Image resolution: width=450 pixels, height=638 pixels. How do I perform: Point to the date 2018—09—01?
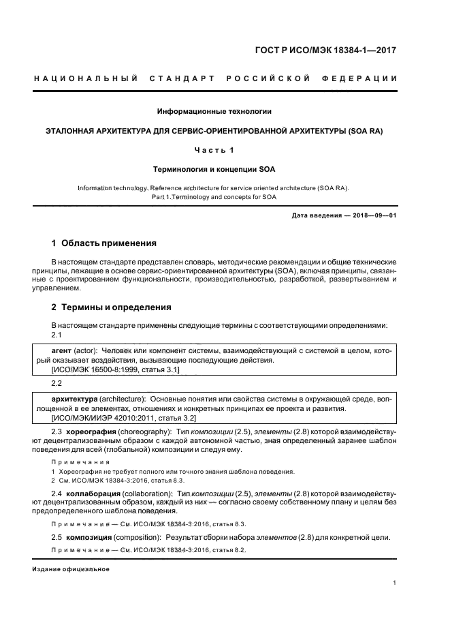(x=372, y=216)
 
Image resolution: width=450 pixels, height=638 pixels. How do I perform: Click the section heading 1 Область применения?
(x=104, y=243)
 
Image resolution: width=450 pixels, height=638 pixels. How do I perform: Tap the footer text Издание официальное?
(x=71, y=569)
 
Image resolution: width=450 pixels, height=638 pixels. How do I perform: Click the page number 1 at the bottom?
(x=394, y=583)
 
